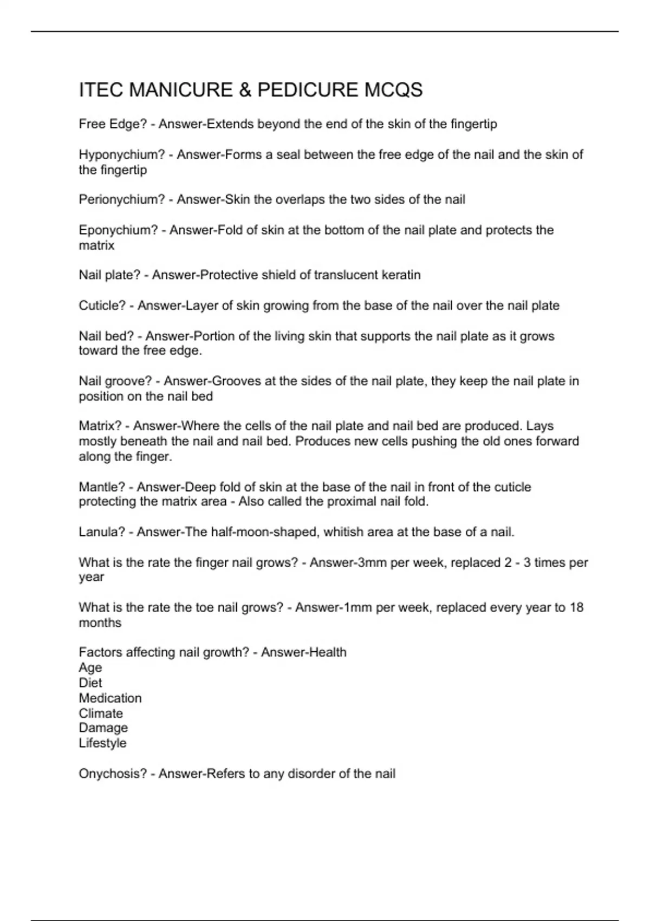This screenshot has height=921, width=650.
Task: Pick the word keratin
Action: point(402,275)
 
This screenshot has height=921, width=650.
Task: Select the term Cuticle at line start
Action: point(102,306)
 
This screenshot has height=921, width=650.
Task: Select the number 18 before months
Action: point(576,608)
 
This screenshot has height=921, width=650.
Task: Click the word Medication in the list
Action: point(110,698)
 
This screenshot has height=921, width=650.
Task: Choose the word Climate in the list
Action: point(101,714)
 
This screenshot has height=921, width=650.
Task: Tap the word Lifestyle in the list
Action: point(102,743)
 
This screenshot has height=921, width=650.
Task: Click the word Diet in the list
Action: point(90,683)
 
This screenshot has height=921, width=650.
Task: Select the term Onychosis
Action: point(113,774)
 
